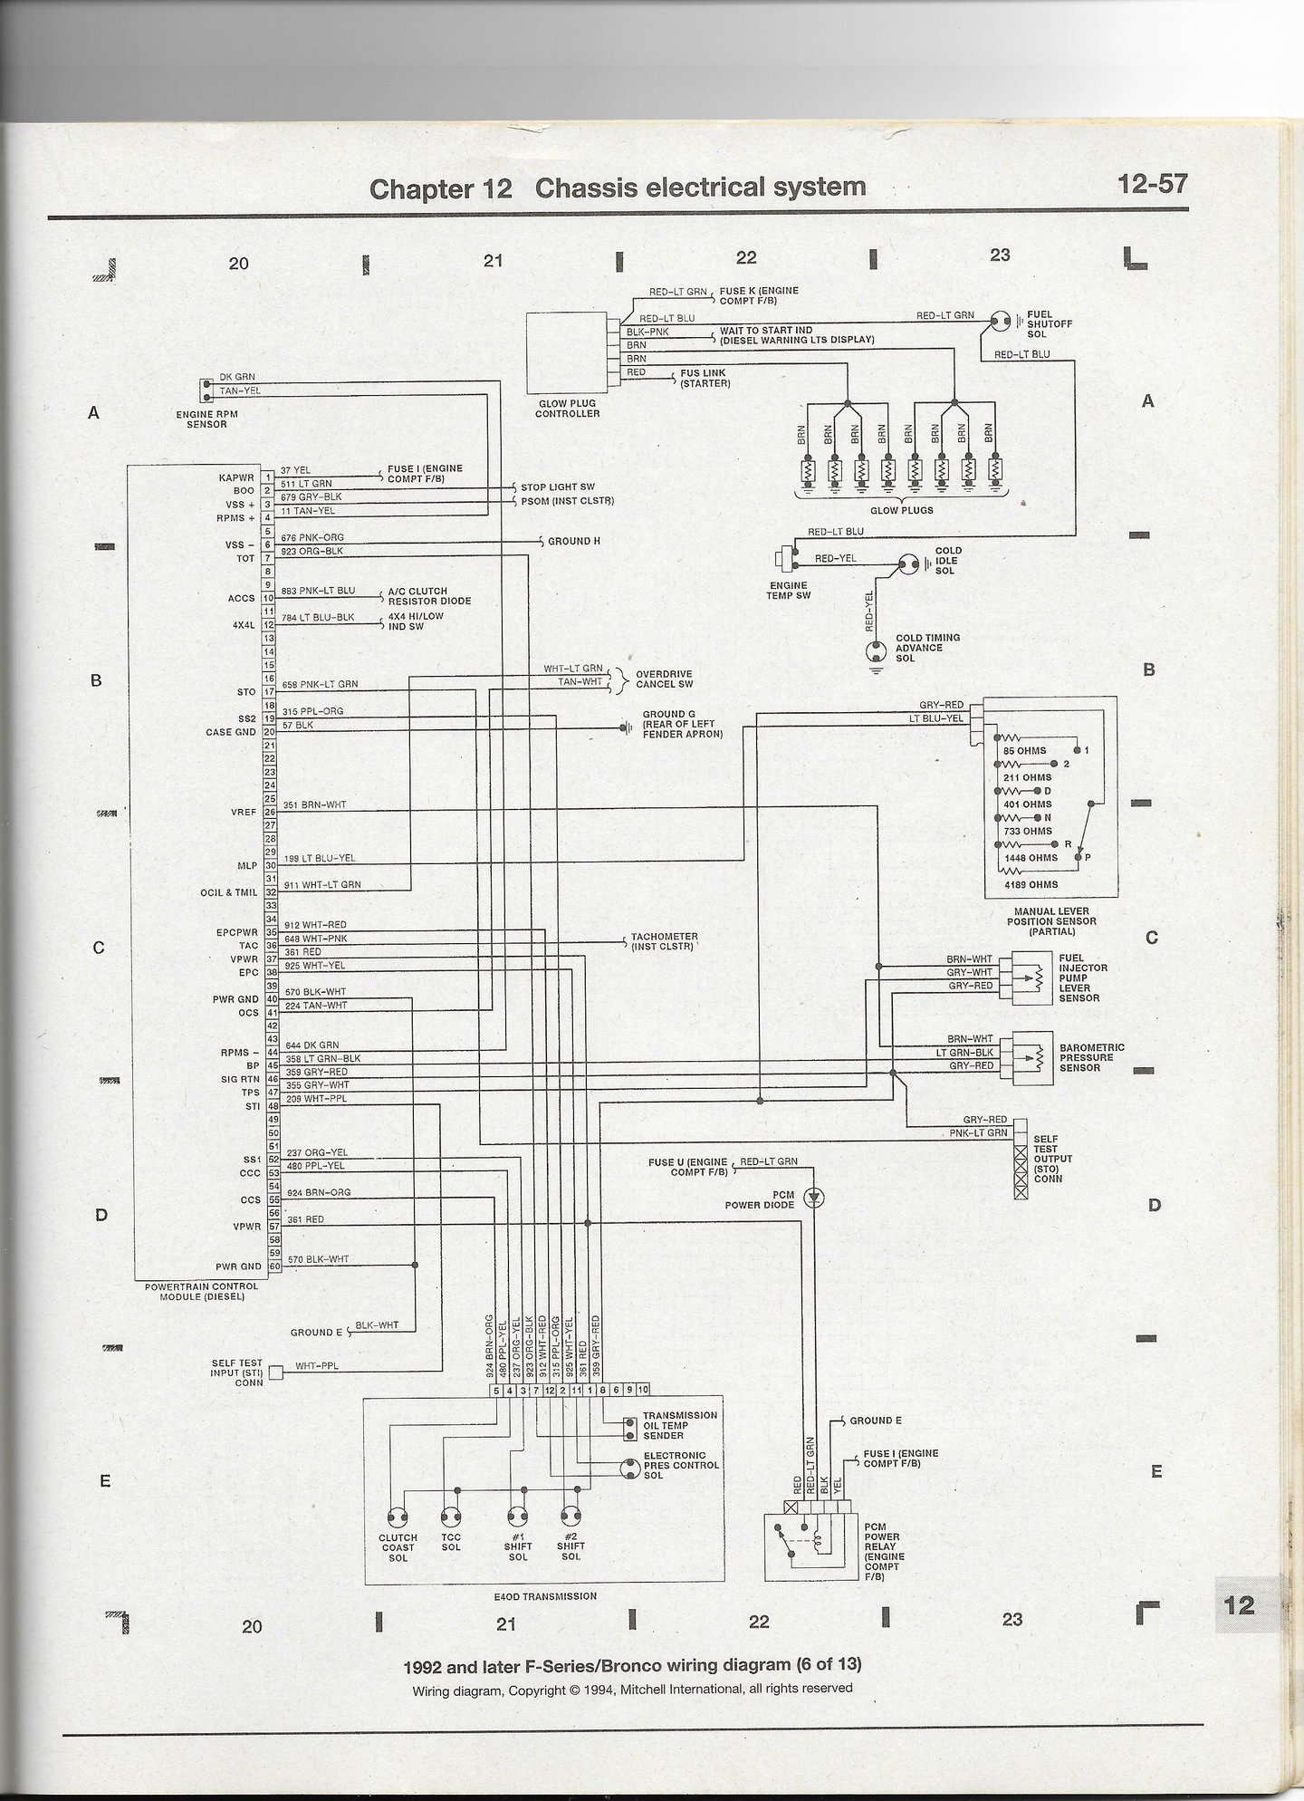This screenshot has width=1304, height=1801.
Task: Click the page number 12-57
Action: click(1151, 185)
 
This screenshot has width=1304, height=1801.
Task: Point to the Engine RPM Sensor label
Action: click(207, 419)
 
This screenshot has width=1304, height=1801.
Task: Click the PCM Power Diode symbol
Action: click(816, 1198)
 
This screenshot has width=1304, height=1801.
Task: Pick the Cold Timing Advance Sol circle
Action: click(876, 650)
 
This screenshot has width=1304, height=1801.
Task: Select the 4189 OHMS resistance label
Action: click(1030, 884)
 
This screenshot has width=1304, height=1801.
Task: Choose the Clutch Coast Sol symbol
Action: click(398, 1518)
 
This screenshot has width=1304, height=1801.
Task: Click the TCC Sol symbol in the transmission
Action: click(450, 1518)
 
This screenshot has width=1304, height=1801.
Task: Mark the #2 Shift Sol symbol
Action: click(570, 1518)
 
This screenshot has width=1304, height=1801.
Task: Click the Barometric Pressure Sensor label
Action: click(1091, 1057)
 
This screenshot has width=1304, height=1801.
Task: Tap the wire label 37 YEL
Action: click(295, 470)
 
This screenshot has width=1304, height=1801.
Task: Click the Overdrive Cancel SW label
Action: click(664, 679)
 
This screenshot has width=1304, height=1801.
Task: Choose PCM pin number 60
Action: click(270, 1266)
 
